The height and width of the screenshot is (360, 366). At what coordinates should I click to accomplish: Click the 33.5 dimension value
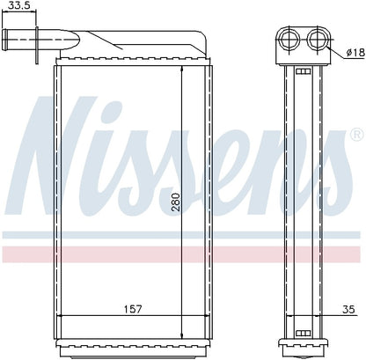[19, 5]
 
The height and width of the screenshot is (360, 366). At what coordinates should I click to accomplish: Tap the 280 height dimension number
[175, 202]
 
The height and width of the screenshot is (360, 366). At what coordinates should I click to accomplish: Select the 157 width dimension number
[133, 309]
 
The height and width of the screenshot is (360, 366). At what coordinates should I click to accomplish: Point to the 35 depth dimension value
[348, 309]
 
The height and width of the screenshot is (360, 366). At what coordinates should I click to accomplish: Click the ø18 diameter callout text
[355, 53]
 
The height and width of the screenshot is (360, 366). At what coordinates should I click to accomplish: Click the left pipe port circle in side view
[289, 39]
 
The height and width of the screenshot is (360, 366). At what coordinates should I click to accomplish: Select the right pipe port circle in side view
[318, 39]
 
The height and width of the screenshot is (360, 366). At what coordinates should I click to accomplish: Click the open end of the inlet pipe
[4, 40]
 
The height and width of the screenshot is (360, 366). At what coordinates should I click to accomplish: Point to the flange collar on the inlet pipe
[37, 45]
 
